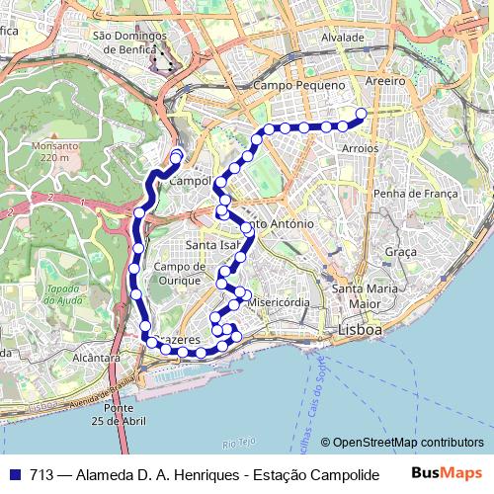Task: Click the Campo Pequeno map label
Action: (x=299, y=86)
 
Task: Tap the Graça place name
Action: (x=401, y=252)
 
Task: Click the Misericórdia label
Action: (x=282, y=302)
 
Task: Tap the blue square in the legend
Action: (x=15, y=473)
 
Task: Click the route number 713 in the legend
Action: (x=41, y=473)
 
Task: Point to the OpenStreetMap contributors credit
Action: (x=407, y=443)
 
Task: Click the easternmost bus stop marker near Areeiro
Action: (x=361, y=114)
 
